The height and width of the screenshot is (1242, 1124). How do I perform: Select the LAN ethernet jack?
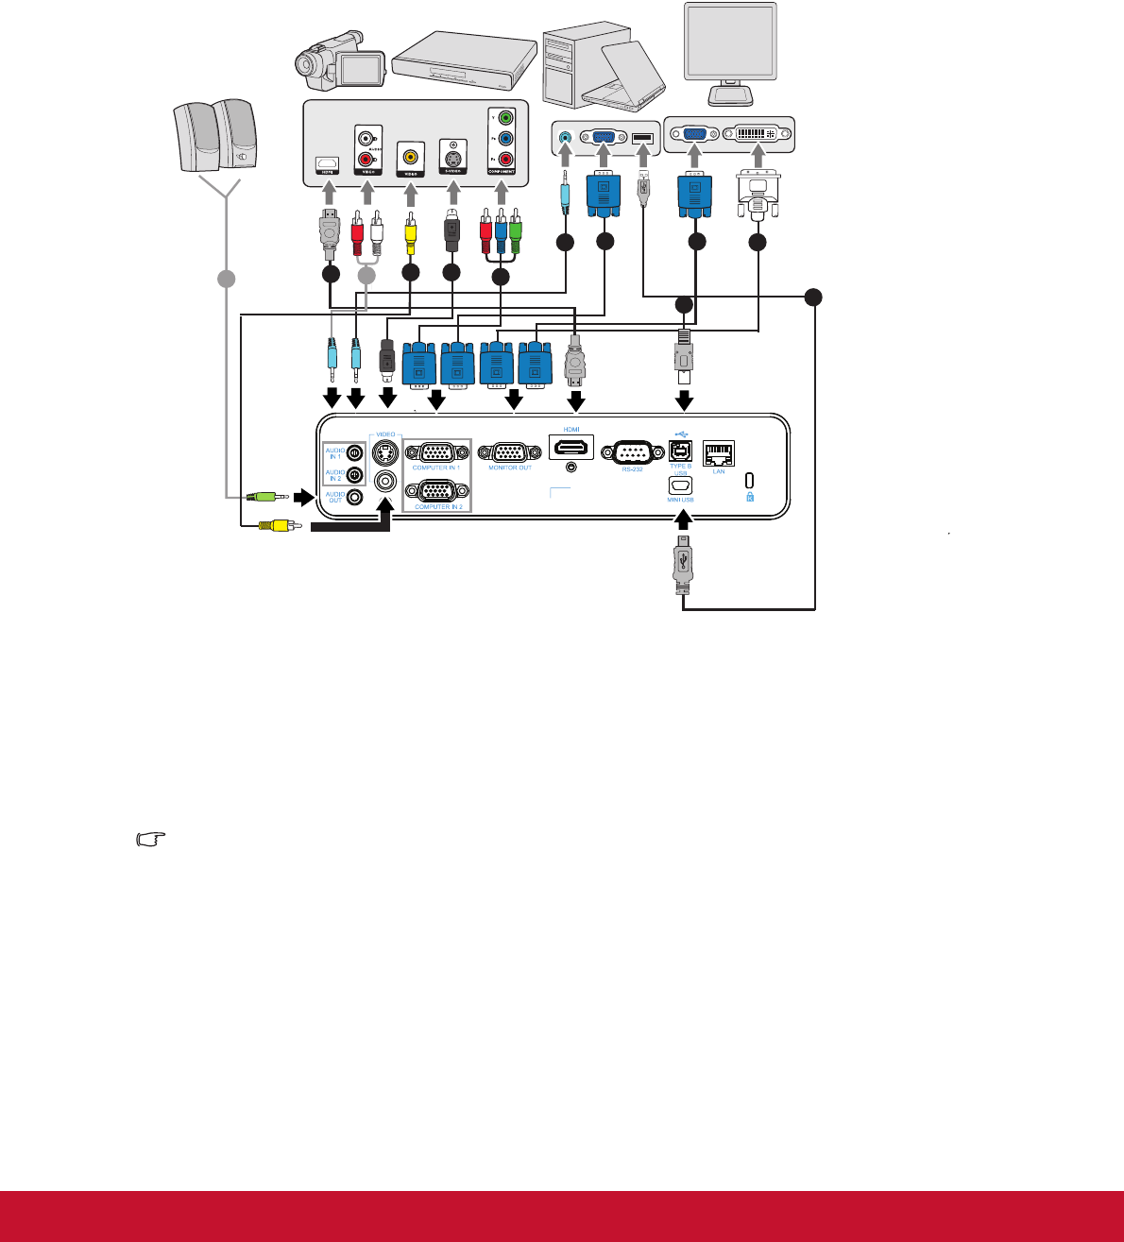719,453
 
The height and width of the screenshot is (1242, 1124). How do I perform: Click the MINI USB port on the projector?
680,485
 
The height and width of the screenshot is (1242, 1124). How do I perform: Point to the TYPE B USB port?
680,451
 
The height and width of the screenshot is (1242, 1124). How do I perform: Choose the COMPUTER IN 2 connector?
436,491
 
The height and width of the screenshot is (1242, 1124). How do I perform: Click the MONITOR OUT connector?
510,451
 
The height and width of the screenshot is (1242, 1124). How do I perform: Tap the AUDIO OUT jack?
355,496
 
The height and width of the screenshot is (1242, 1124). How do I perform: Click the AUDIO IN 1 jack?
355,453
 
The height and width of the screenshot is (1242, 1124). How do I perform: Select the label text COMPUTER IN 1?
435,468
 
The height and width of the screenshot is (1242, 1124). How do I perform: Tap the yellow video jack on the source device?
410,157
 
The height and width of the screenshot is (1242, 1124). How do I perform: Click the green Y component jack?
505,119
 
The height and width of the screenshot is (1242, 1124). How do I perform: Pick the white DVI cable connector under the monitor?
758,195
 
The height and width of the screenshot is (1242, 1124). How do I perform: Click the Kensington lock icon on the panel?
750,495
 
